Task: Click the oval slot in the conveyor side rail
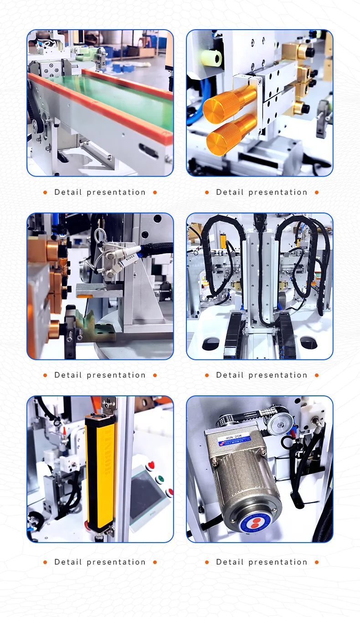pos(149,150)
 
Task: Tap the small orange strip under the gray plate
pos(84,296)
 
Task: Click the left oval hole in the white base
pos(211,343)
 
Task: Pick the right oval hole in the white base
pos(309,342)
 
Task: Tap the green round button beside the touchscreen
pos(159,479)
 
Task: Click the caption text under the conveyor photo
pos(100,192)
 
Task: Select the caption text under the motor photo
pos(262,562)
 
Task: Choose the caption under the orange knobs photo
pos(262,192)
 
